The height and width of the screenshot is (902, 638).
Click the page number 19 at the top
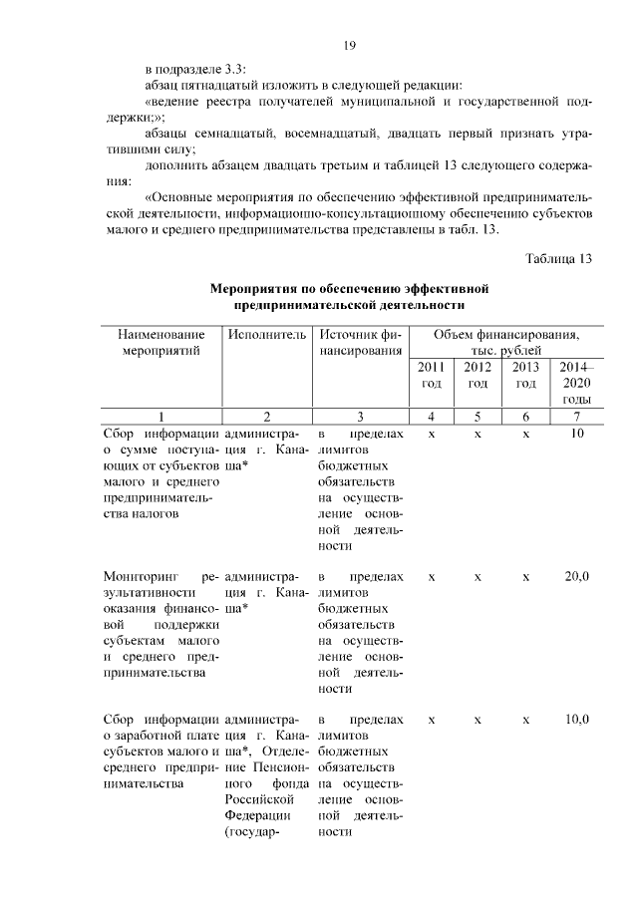pos(350,45)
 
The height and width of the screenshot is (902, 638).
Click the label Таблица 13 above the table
pos(559,259)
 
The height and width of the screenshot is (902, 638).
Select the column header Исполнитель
pos(266,335)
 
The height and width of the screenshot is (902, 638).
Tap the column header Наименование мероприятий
pos(161,342)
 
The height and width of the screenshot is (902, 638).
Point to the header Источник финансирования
pos(361,342)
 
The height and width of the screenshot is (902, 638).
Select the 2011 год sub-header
pos(431,375)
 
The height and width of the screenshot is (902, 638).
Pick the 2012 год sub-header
pos(478,375)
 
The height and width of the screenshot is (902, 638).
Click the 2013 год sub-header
pos(525,375)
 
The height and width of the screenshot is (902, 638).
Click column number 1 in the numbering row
pos(161,416)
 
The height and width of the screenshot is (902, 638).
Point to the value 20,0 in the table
pos(576,577)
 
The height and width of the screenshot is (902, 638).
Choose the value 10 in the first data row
pos(576,435)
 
